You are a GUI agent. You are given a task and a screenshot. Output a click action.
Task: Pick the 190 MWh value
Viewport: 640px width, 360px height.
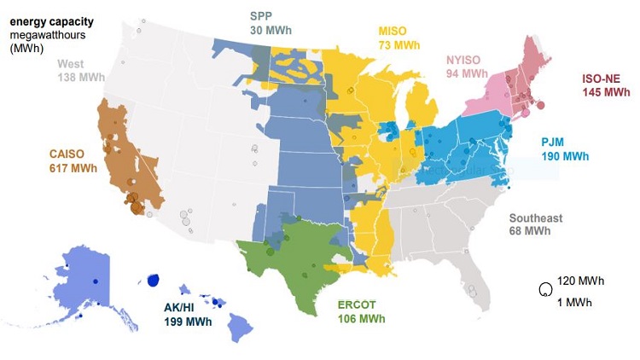[565, 156]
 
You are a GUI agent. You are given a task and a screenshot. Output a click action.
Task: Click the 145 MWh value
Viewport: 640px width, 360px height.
[607, 91]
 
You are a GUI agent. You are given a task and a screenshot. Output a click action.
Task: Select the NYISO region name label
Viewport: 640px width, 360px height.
[467, 60]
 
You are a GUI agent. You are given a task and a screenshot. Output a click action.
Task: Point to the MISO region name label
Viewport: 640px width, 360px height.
[394, 32]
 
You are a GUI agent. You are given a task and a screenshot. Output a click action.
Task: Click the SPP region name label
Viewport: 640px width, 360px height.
[262, 15]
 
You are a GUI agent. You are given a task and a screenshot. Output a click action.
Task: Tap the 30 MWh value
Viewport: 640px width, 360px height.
[268, 29]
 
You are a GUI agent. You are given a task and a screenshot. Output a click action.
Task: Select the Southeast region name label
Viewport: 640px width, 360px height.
[536, 218]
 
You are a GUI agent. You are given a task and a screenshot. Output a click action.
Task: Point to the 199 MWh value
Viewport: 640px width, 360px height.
[189, 322]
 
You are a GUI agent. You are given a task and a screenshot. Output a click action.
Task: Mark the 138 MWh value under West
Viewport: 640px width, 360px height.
[80, 77]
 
